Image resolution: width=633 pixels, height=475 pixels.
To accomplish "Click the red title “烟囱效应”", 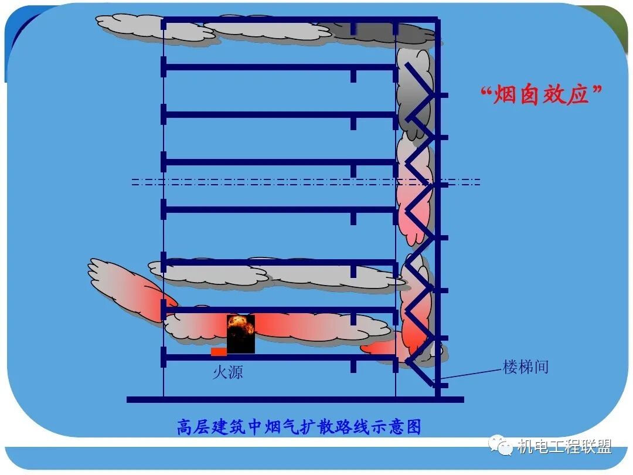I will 542,94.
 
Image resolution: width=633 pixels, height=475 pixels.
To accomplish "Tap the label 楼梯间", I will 526,367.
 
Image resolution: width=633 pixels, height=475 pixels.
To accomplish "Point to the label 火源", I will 227,372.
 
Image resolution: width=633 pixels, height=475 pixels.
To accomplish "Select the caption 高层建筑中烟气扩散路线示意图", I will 299,427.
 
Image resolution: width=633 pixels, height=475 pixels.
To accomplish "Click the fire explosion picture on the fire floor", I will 241,334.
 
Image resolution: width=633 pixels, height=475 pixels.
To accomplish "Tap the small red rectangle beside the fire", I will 219,352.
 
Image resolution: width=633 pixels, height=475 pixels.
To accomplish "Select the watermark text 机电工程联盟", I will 564,447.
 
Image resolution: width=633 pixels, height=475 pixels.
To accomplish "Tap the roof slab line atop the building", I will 299,20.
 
